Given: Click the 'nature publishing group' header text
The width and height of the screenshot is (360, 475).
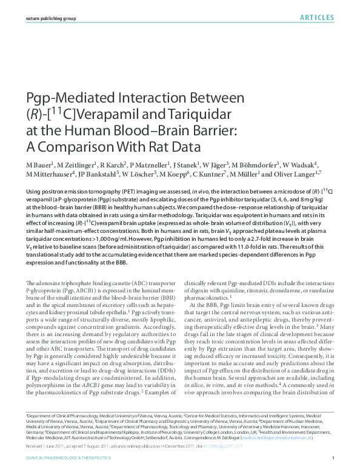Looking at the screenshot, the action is point(51,19).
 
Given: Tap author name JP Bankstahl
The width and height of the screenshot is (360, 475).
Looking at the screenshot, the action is point(101,175).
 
